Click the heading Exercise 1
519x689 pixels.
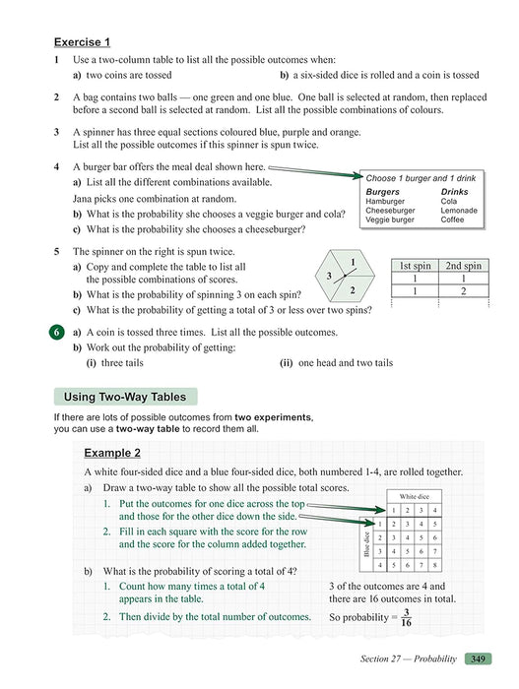point(82,41)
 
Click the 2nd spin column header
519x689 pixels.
point(463,265)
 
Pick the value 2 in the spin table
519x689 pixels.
point(463,291)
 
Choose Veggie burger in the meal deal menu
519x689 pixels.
point(390,219)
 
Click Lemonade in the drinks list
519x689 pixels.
point(459,210)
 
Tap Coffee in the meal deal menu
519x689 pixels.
point(454,219)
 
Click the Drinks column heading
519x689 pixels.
point(455,191)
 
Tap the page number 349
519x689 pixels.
point(477,658)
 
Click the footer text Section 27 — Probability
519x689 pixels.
point(403,658)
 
